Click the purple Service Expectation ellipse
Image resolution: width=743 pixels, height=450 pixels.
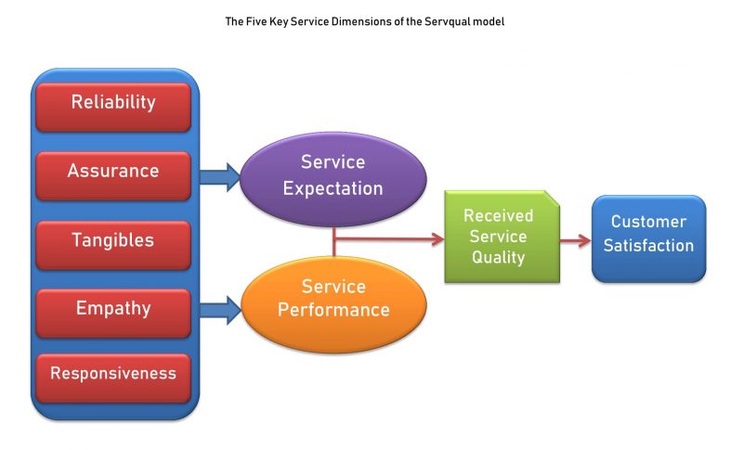coord(332,175)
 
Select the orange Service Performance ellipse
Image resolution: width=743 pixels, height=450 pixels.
coord(333,300)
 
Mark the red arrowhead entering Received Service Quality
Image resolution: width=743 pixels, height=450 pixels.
coord(437,239)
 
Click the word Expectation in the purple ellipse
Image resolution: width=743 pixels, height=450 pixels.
coord(332,188)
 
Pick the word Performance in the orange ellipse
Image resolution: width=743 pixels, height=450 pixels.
coord(333,311)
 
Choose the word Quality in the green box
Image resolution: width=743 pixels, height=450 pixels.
coord(499,257)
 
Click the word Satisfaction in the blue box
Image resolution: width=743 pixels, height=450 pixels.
coord(648,246)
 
